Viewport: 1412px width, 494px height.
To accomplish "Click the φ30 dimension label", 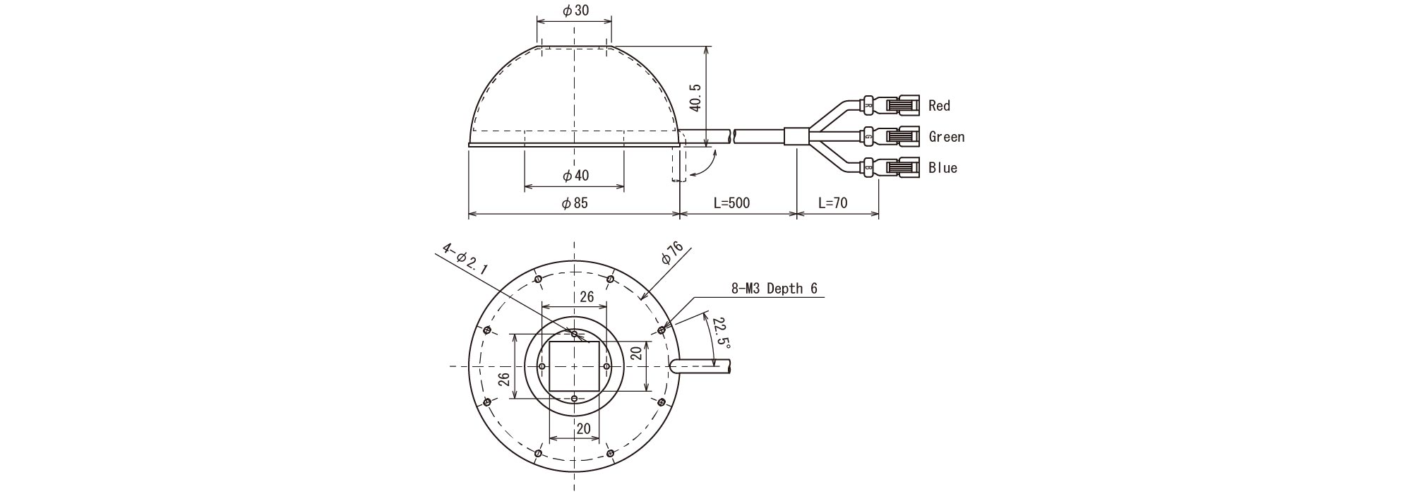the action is pos(575,11).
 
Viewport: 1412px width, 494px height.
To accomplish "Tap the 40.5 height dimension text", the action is pos(695,97).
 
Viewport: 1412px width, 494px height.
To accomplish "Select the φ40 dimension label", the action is pos(575,176).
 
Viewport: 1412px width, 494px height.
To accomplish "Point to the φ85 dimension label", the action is pos(575,203).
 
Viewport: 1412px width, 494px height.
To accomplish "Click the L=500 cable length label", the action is pos(731,203).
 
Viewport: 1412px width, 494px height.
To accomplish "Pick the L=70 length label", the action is pos(833,203).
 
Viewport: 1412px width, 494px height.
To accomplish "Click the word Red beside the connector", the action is pos(939,106).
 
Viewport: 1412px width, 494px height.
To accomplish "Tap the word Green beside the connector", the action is pos(946,137).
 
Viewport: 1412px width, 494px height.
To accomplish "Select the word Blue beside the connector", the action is pos(943,168).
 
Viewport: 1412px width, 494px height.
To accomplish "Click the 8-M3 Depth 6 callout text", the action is pos(774,289).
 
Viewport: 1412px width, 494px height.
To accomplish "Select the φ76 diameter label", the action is pos(672,252).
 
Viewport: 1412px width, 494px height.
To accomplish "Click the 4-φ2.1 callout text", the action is pos(465,258).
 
